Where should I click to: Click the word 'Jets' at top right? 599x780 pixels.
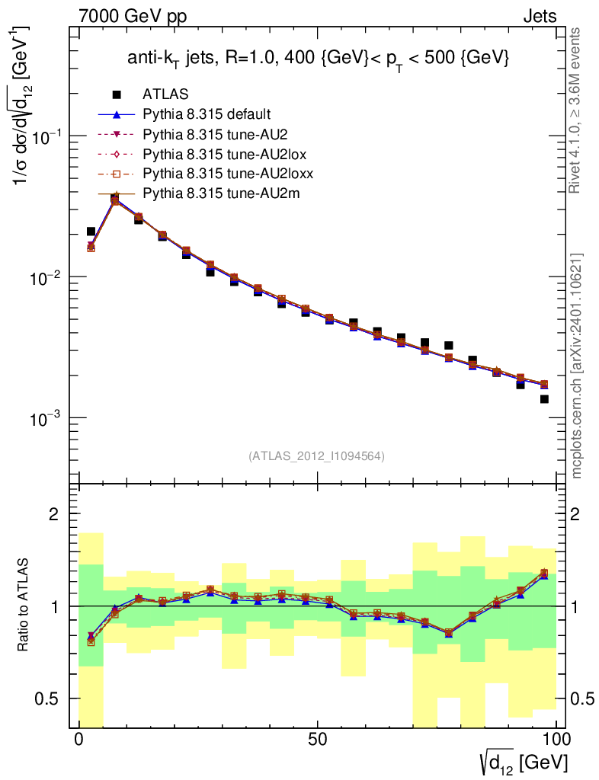tap(539, 16)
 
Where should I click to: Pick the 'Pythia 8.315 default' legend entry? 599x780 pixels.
tap(206, 114)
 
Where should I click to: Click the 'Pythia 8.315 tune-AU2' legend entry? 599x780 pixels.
tap(209, 134)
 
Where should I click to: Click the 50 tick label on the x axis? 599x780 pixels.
tap(318, 740)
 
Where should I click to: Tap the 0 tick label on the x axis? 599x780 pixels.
tap(79, 740)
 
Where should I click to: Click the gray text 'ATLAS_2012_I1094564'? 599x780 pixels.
tap(316, 456)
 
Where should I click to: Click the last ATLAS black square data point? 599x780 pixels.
tap(544, 398)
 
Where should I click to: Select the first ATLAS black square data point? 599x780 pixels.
tap(91, 231)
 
